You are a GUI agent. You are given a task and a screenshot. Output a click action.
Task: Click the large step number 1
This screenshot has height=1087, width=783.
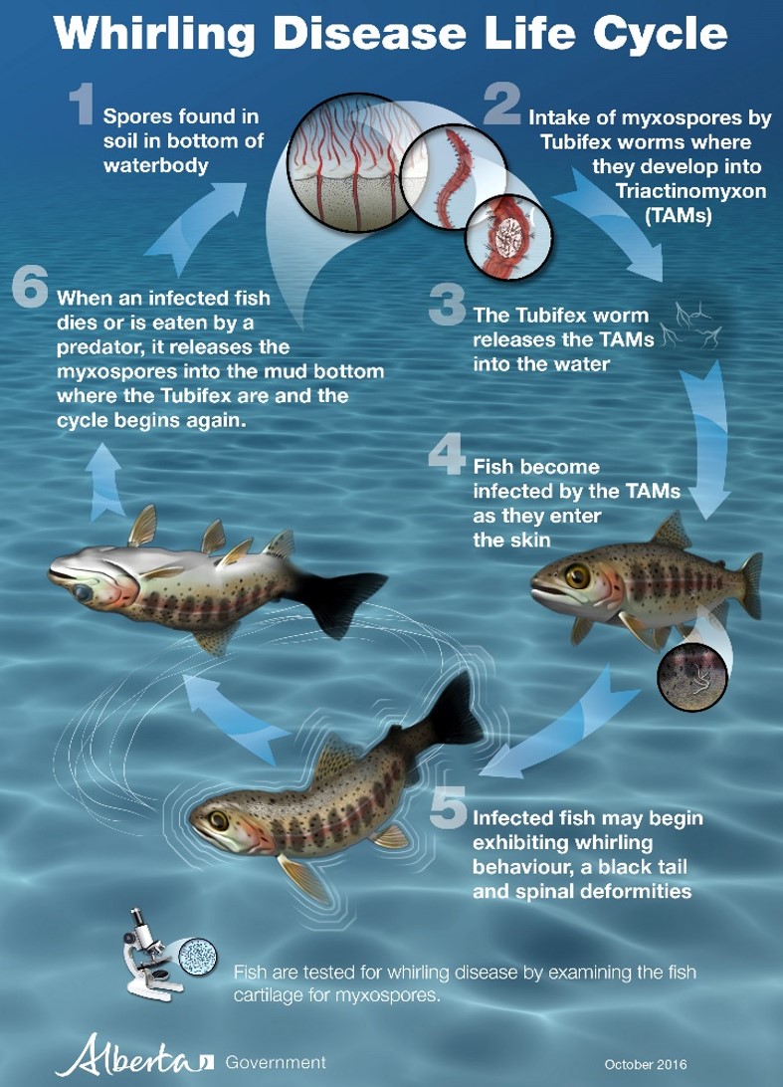pos(81,104)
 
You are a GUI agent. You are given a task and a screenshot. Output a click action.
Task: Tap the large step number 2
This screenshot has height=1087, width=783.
pos(501,104)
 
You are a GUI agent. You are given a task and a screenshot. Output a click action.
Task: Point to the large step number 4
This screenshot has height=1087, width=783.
pos(447,456)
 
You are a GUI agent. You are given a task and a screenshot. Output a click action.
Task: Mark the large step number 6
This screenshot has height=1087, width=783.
pos(30,287)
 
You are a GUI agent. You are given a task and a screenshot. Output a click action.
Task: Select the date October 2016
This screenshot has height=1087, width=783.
pos(646,1064)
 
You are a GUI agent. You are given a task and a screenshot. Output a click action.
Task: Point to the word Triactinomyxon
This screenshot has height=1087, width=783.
pos(690,191)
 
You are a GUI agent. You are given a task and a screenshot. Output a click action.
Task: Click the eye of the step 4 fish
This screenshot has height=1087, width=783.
pos(576,574)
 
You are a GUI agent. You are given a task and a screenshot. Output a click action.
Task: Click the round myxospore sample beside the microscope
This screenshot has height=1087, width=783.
pos(197,956)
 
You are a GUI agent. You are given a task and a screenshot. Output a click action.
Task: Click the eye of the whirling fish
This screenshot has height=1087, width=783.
pos(219,821)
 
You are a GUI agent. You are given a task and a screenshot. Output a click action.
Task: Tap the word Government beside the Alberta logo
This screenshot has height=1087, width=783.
pos(275,1062)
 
